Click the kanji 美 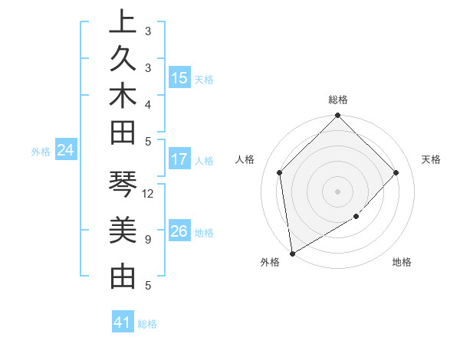(x=123, y=231)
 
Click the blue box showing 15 (x=179, y=78)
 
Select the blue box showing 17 (x=179, y=160)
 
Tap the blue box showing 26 (x=179, y=231)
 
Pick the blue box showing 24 (x=66, y=151)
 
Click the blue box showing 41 (x=123, y=323)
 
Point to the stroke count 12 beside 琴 (x=149, y=194)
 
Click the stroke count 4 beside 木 (x=147, y=104)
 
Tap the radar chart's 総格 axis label (x=338, y=100)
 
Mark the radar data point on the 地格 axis (x=356, y=217)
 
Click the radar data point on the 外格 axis (x=292, y=253)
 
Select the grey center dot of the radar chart (x=338, y=191)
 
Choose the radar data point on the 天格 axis (x=396, y=172)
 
